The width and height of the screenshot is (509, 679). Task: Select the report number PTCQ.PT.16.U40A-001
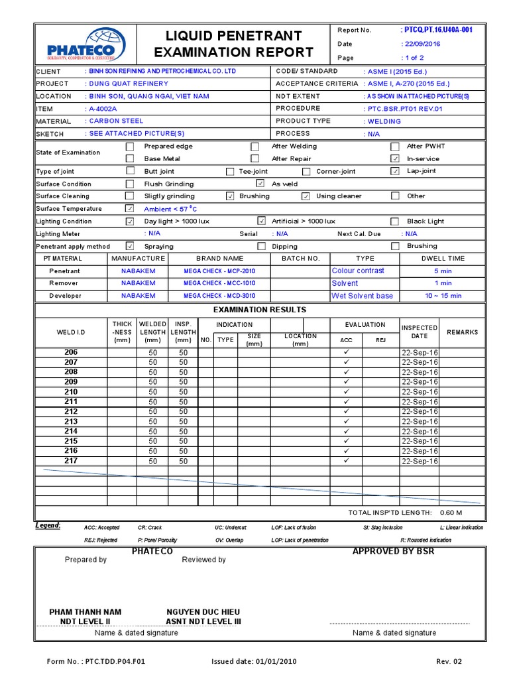[x=437, y=30]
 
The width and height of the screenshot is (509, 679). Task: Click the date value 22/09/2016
[x=422, y=44]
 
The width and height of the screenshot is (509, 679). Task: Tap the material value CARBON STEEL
[x=116, y=121]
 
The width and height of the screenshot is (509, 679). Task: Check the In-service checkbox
[x=395, y=158]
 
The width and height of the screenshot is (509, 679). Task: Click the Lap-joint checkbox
[x=395, y=171]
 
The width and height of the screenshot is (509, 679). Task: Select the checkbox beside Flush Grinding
[x=130, y=184]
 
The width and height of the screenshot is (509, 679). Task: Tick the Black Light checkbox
[x=395, y=221]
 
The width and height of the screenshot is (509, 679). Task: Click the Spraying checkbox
[x=130, y=246]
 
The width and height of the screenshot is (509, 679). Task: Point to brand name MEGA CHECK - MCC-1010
[x=219, y=283]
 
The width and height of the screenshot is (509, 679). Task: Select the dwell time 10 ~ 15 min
[x=443, y=296]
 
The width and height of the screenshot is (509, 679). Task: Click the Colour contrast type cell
[x=358, y=271]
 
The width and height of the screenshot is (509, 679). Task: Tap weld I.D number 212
[x=71, y=412]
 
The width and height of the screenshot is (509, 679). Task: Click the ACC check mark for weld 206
[x=346, y=352]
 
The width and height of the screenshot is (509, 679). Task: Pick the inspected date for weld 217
[x=420, y=461]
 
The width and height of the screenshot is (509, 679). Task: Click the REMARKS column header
[x=462, y=332]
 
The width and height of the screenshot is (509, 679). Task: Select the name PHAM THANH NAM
[x=85, y=611]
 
